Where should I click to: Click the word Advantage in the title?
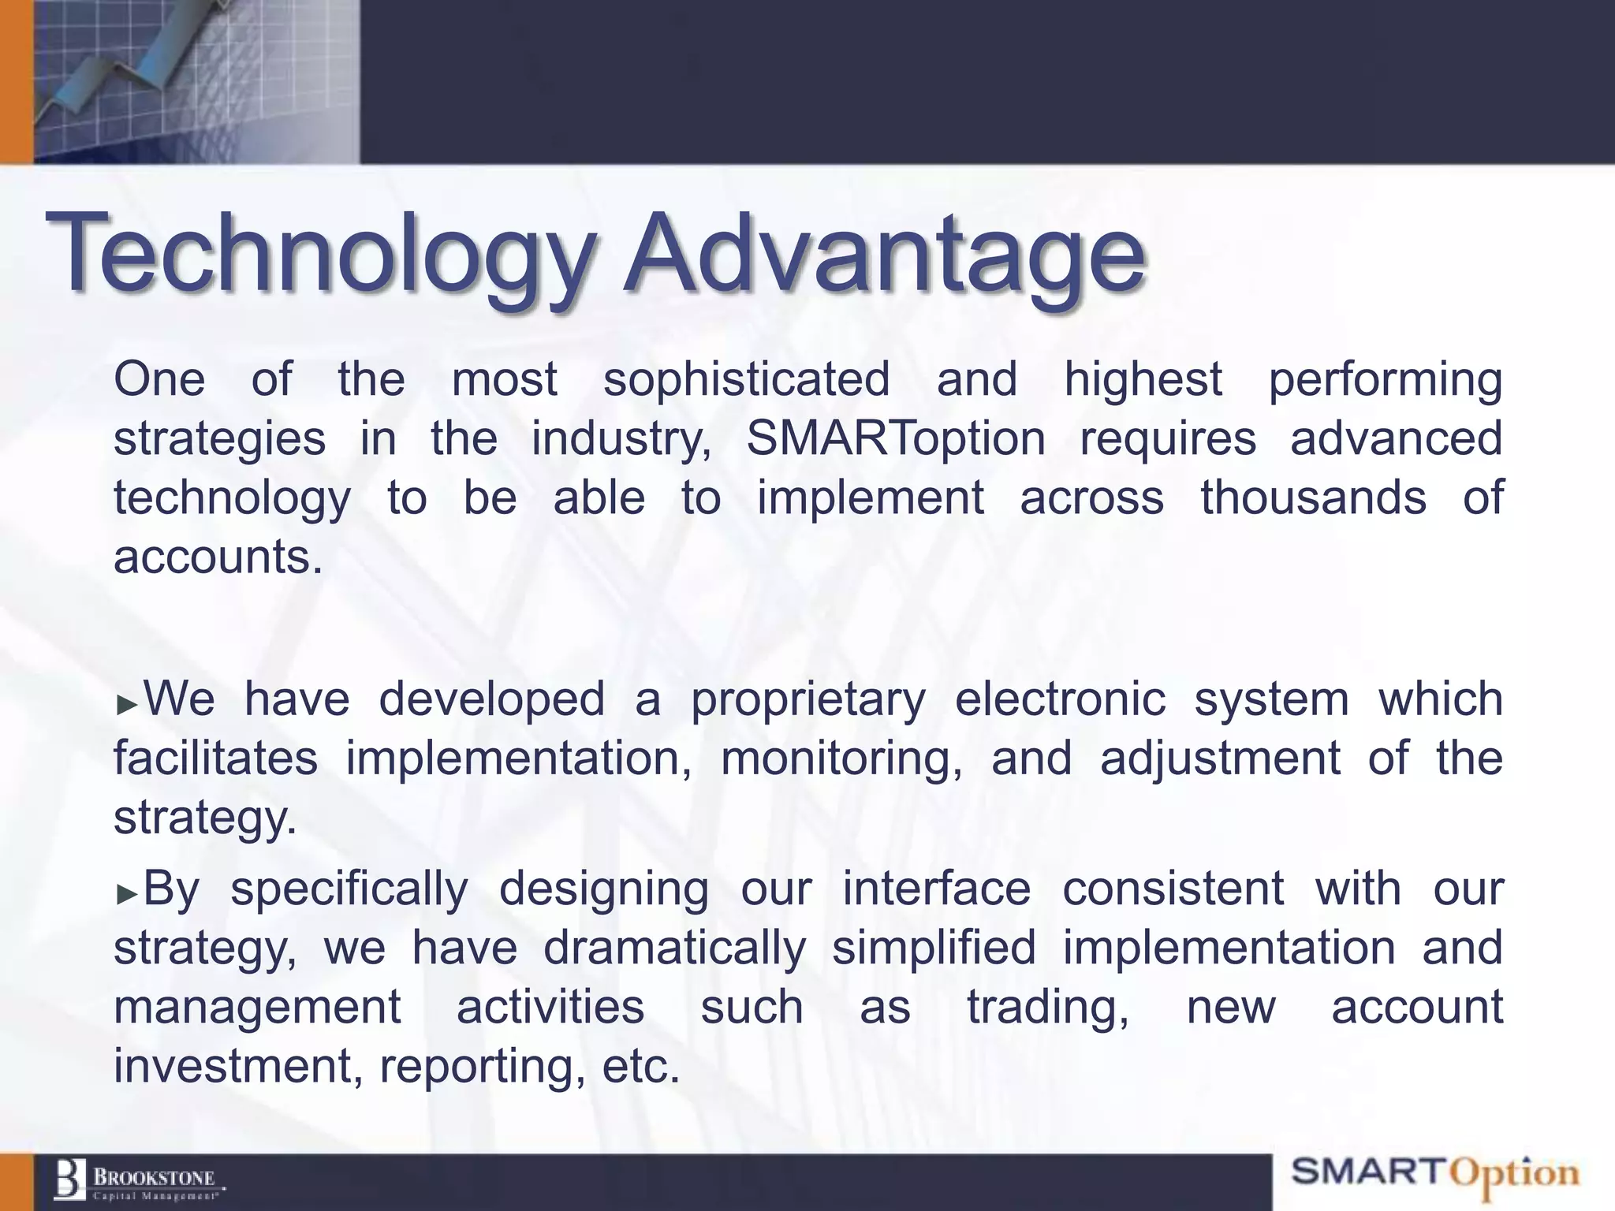(883, 254)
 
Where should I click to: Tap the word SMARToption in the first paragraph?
(895, 438)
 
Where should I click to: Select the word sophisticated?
(746, 379)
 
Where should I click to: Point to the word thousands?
(1313, 497)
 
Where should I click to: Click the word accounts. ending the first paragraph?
(218, 557)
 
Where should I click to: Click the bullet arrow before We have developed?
(126, 704)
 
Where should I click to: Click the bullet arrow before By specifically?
(126, 893)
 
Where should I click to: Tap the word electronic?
(1060, 699)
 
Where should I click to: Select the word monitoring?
(841, 759)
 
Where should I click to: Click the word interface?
(936, 889)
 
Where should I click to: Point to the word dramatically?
(675, 948)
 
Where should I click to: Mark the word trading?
(1048, 1008)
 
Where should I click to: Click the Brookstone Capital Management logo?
(138, 1181)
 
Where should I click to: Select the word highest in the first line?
(1143, 379)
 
